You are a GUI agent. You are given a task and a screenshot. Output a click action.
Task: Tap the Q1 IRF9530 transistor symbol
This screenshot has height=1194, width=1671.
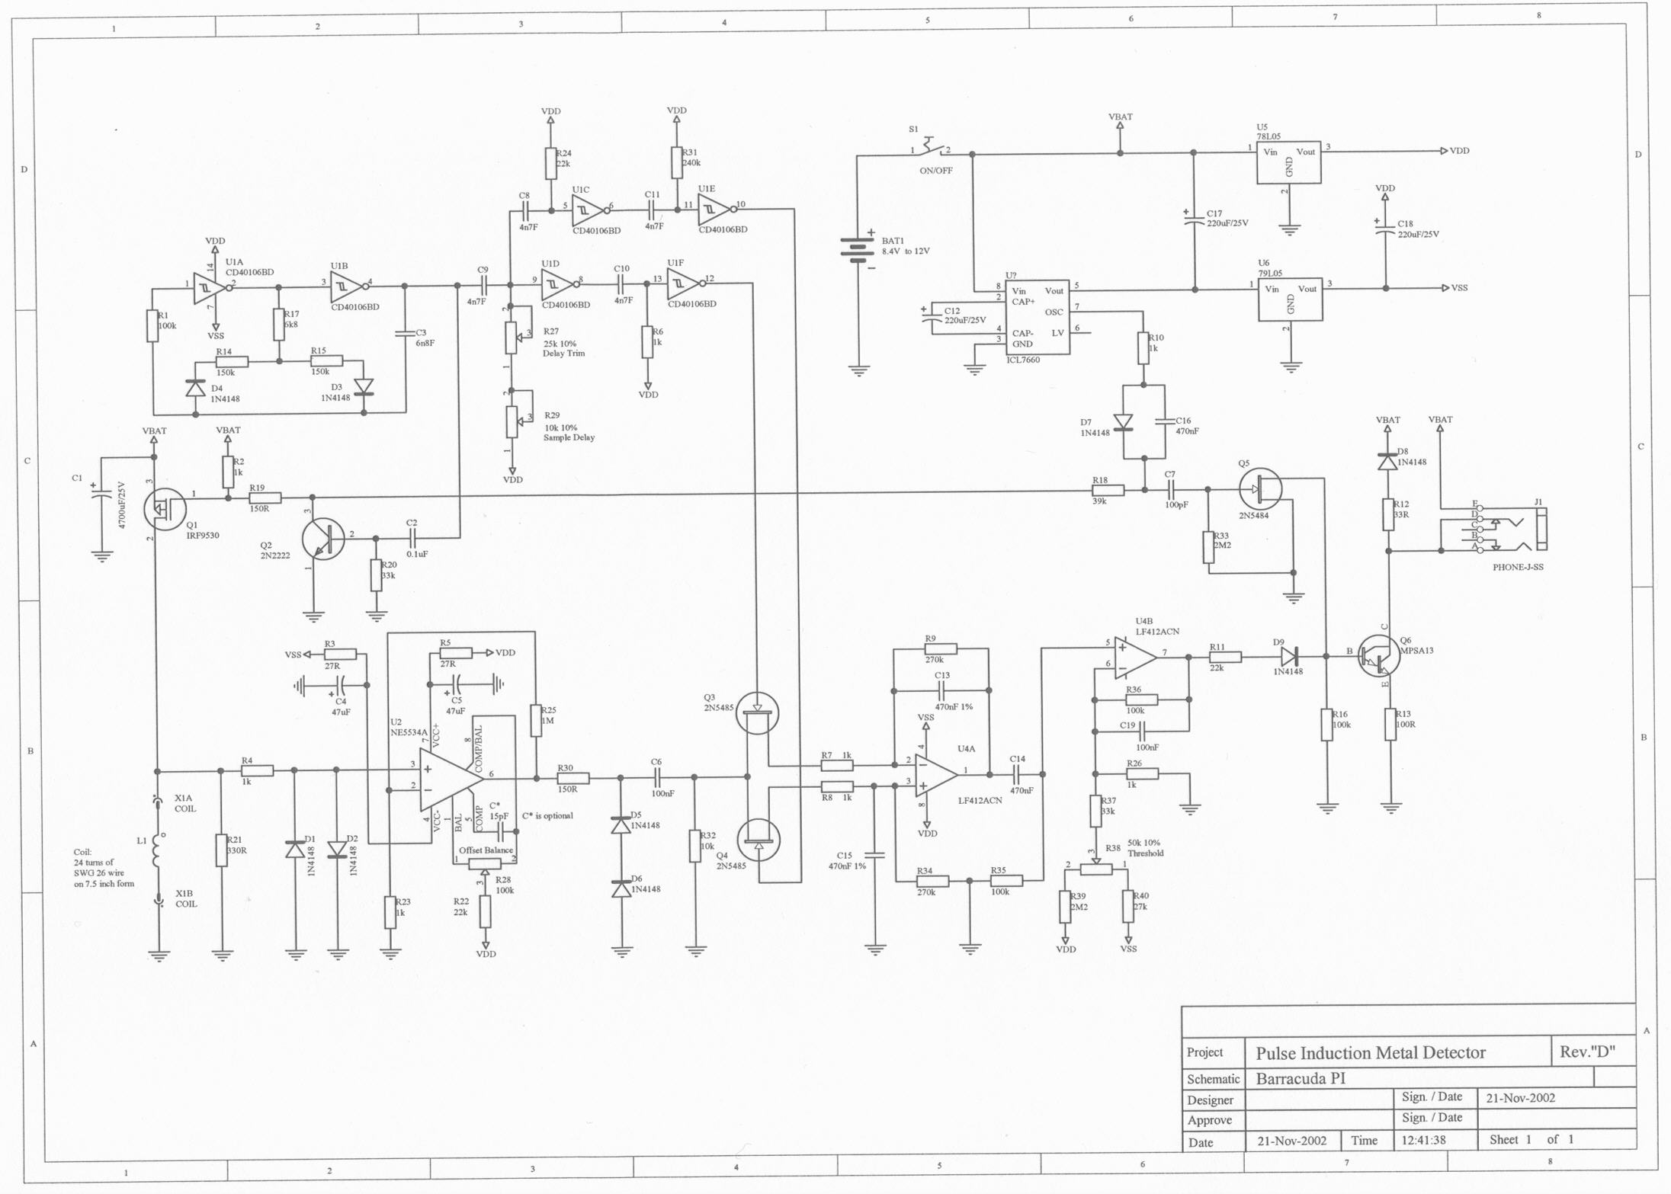165,509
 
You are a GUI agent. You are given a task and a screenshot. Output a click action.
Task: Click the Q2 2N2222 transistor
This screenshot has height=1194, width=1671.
323,539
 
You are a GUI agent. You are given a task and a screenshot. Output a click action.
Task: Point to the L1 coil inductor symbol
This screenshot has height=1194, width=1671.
159,850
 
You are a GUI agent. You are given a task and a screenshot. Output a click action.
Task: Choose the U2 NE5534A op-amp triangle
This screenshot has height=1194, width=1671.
451,779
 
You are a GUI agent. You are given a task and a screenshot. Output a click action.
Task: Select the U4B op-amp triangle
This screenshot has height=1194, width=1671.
1134,657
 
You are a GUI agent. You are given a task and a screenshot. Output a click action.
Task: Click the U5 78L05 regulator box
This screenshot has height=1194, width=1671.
1288,161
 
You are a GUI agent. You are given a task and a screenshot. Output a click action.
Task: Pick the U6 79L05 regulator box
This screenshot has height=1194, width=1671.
1290,298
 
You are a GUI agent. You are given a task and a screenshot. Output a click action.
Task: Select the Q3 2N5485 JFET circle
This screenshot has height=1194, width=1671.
757,712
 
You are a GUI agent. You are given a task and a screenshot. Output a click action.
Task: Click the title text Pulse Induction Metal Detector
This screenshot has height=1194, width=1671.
1371,1053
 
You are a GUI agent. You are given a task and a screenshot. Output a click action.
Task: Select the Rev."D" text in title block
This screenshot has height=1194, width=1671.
1587,1052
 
